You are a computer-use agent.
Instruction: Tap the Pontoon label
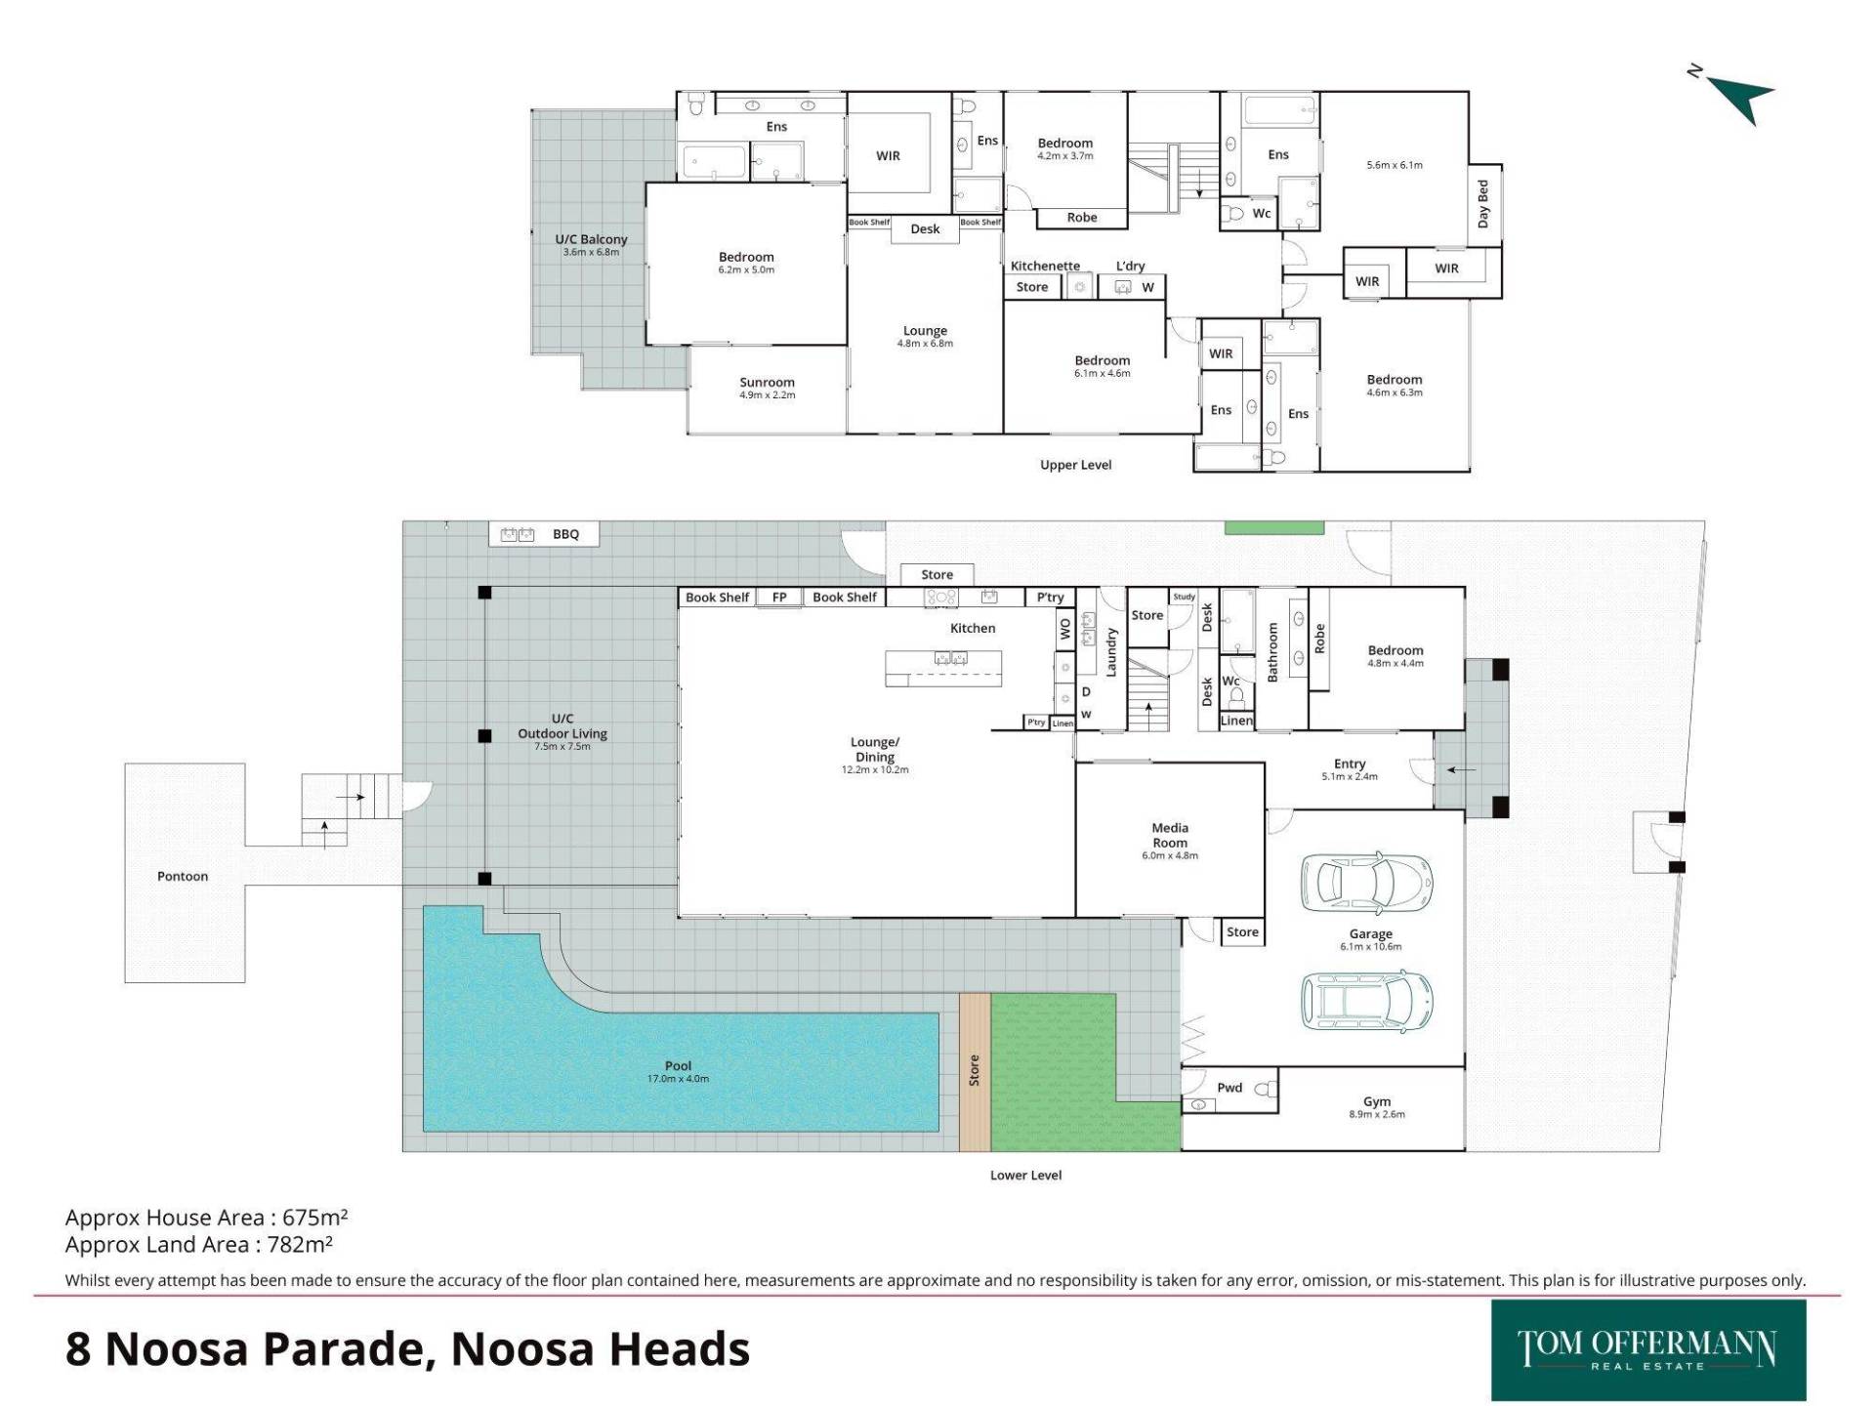click(x=183, y=876)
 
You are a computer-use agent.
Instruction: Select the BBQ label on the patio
click(x=566, y=534)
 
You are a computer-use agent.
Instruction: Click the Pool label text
click(x=678, y=1066)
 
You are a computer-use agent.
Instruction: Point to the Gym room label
click(x=1377, y=1101)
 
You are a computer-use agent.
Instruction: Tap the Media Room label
click(x=1170, y=835)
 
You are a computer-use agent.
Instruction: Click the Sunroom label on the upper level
click(x=768, y=383)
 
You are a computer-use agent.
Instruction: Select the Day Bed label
click(x=1483, y=203)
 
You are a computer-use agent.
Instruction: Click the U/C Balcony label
click(x=591, y=239)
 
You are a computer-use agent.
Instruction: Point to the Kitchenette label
click(x=1045, y=266)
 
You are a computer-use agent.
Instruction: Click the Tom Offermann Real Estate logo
click(x=1648, y=1350)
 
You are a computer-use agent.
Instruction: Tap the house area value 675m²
click(x=315, y=1218)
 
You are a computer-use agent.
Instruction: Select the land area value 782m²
click(x=300, y=1244)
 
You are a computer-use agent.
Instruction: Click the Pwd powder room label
click(x=1229, y=1088)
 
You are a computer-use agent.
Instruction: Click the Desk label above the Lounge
click(x=925, y=228)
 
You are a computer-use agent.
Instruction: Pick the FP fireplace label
click(x=779, y=598)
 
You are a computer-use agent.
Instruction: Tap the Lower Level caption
click(x=1025, y=1175)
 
